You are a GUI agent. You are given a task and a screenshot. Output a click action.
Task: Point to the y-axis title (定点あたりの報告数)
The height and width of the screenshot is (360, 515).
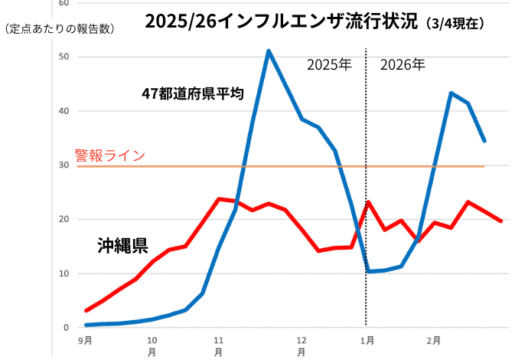coord(59,29)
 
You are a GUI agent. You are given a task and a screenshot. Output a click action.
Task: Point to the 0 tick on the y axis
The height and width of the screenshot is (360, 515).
coord(67,328)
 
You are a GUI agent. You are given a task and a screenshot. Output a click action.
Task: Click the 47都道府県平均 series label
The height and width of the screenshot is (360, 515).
coord(193,94)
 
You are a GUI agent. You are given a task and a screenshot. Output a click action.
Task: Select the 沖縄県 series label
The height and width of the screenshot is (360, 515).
coord(122,246)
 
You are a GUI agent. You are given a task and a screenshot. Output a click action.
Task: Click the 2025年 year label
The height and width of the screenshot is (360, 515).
coord(329,65)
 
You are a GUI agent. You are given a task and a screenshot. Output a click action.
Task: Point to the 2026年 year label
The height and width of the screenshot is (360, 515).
coord(403,65)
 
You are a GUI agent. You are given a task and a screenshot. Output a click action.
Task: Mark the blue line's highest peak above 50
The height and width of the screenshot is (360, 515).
coord(269,51)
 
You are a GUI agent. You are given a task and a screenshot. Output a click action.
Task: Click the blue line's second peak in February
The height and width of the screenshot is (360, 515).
coord(451,93)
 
